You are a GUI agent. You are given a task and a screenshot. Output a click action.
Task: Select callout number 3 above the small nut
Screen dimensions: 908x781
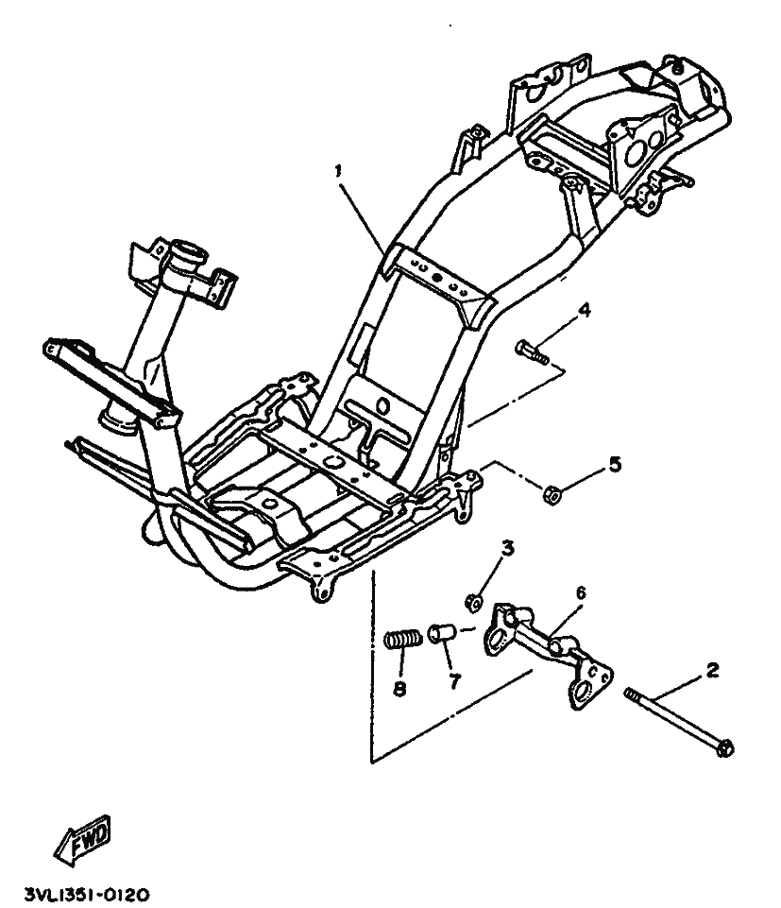click(506, 549)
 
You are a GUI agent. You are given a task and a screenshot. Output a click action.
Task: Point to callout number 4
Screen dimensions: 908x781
click(585, 309)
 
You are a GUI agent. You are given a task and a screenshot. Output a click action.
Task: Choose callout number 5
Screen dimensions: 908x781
click(615, 464)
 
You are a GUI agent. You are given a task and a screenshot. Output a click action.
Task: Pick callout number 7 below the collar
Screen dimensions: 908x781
click(455, 681)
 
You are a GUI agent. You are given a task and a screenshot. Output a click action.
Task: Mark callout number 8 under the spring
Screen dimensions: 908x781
click(399, 690)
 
